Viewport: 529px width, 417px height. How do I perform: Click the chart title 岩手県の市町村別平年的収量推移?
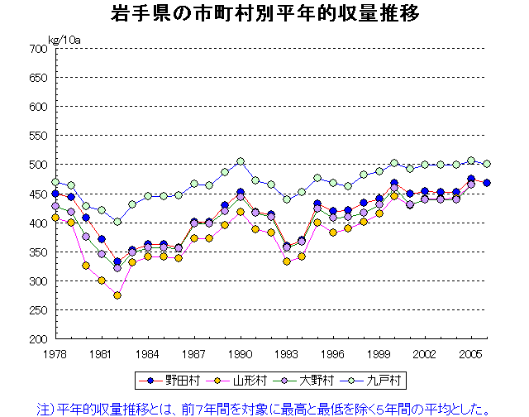point(264,15)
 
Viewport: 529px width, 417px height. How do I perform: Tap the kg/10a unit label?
point(63,39)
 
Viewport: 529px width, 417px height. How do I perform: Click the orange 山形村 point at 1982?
point(117,295)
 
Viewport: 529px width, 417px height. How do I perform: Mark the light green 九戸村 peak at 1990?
point(241,161)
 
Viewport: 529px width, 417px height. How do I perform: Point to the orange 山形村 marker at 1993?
point(287,261)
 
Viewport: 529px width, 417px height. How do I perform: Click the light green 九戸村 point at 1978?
point(55,182)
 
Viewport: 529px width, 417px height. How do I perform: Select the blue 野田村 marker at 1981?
point(102,239)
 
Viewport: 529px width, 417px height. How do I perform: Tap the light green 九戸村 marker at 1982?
point(117,222)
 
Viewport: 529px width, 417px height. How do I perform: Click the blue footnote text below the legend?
point(264,407)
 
